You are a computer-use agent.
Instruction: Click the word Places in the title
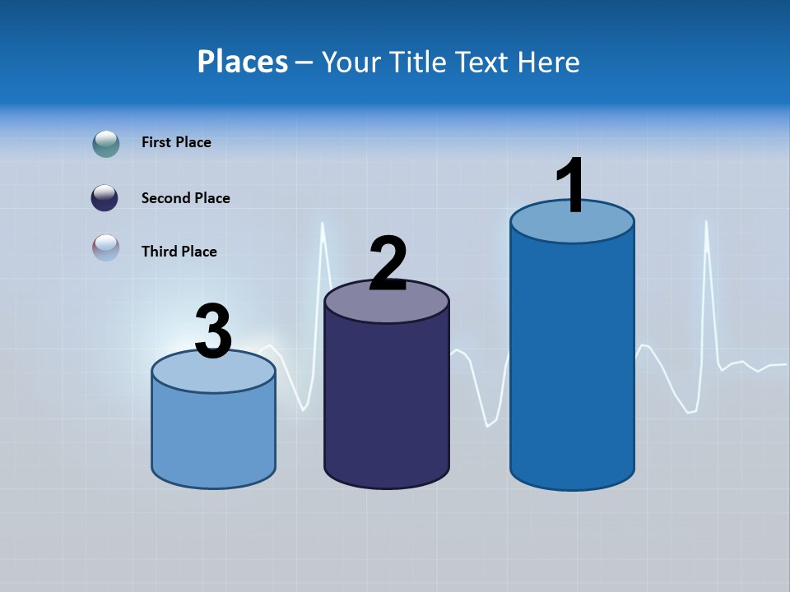pyautogui.click(x=243, y=62)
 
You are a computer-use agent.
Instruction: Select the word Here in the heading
pyautogui.click(x=548, y=62)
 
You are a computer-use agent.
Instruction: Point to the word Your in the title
pyautogui.click(x=350, y=62)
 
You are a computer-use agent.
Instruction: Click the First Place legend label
pyautogui.click(x=176, y=142)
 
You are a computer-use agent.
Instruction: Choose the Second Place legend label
pyautogui.click(x=185, y=198)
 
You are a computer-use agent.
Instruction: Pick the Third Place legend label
pyautogui.click(x=179, y=252)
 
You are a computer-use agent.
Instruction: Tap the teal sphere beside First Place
pyautogui.click(x=106, y=143)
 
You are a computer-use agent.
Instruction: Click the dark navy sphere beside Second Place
pyautogui.click(x=105, y=197)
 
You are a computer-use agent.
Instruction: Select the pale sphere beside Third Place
pyautogui.click(x=106, y=247)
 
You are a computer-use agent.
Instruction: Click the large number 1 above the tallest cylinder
pyautogui.click(x=570, y=186)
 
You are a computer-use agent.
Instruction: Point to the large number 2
pyautogui.click(x=388, y=263)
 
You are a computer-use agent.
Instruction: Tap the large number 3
pyautogui.click(x=213, y=331)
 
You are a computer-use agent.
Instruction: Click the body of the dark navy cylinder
pyautogui.click(x=387, y=395)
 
